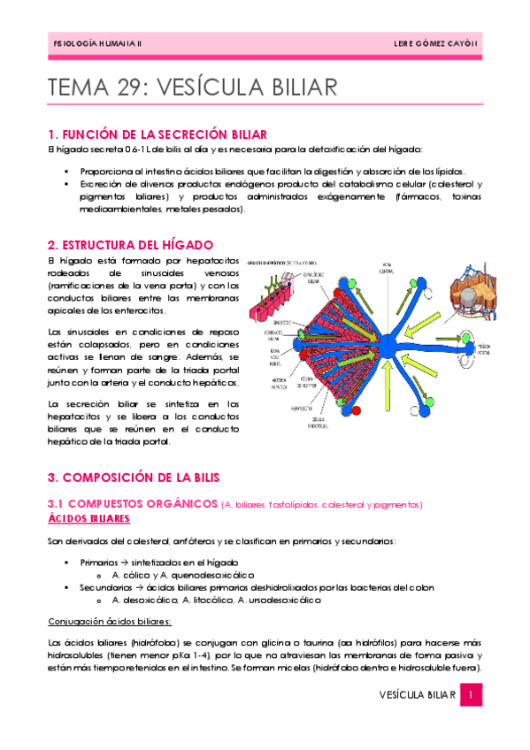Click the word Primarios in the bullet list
[x=99, y=562]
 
